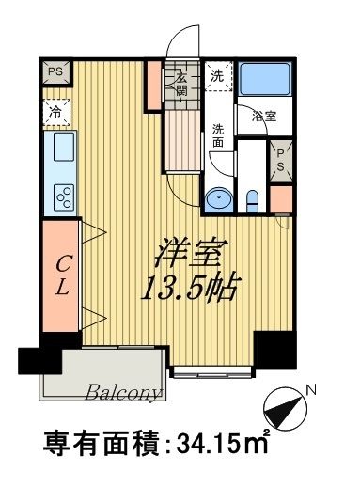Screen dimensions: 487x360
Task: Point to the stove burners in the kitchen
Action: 64,196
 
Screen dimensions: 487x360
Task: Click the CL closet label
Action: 60,275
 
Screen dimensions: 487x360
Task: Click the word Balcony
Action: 126,391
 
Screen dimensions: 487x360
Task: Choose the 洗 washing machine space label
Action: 217,76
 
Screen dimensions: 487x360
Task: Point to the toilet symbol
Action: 252,197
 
